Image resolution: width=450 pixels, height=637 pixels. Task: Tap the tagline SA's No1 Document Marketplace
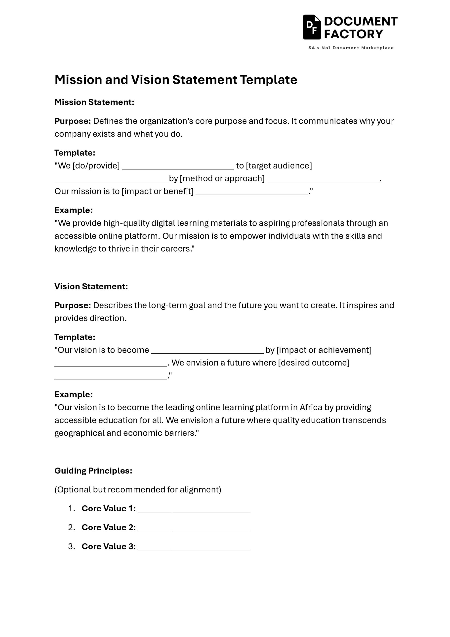pyautogui.click(x=351, y=48)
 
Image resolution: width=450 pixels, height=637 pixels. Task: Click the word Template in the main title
pyautogui.click(x=269, y=80)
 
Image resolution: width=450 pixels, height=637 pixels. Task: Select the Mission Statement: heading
pyautogui.click(x=94, y=102)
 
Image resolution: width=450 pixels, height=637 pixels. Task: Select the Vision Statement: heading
pyautogui.click(x=91, y=286)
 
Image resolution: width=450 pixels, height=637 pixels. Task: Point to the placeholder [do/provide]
pyautogui.click(x=96, y=166)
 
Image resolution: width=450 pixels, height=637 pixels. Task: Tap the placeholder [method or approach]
pyautogui.click(x=222, y=178)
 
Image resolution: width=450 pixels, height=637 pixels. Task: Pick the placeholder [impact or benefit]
pyautogui.click(x=157, y=191)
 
